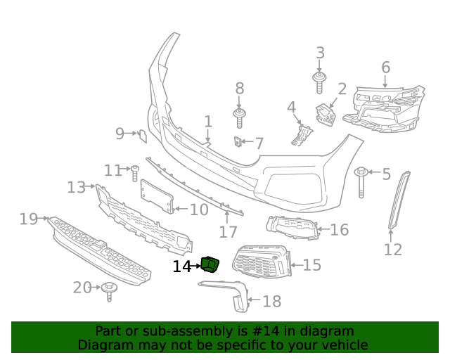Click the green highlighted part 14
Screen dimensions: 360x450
pos(210,264)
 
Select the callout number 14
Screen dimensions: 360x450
pos(181,266)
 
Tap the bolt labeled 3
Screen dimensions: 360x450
pos(319,81)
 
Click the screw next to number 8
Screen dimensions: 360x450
pos(240,117)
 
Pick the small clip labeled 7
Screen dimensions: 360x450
pos(238,143)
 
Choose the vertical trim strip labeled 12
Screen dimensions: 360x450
pos(399,200)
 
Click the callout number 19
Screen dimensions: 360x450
pos(28,219)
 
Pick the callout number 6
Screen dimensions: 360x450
pos(385,67)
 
